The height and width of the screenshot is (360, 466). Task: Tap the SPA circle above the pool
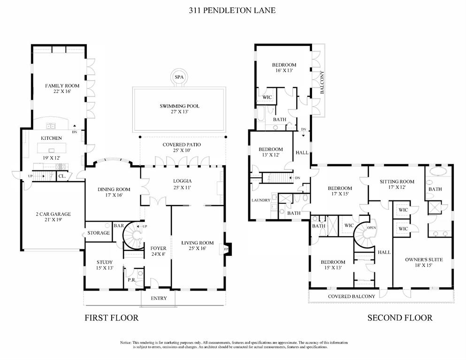click(x=178, y=77)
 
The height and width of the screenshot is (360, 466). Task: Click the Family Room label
click(x=62, y=86)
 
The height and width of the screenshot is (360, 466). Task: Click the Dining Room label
click(x=114, y=189)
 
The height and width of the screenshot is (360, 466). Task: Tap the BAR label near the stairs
click(x=118, y=226)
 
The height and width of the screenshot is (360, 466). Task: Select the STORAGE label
click(x=99, y=233)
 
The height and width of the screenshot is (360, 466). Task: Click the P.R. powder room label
click(x=132, y=280)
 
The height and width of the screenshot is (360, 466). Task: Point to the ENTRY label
click(x=159, y=298)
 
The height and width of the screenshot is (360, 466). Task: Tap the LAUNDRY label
click(x=260, y=200)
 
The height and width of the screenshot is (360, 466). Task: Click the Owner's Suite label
click(x=418, y=259)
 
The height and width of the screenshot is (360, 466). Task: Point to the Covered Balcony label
click(x=351, y=296)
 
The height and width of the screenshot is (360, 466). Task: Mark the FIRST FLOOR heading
click(x=111, y=318)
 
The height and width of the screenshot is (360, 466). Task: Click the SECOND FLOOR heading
click(x=399, y=318)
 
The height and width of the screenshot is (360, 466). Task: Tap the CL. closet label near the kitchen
click(x=61, y=176)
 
